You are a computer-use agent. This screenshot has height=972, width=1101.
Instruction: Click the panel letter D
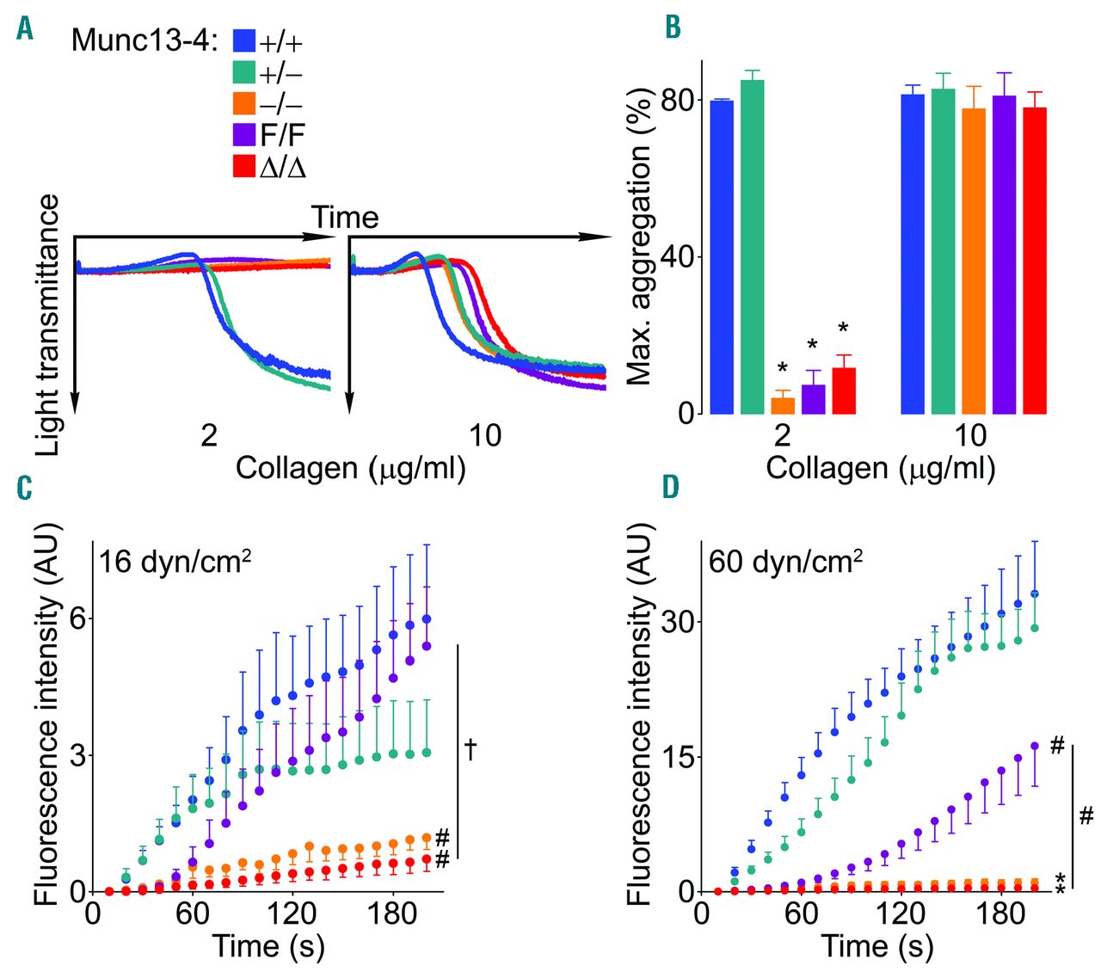pos(671,488)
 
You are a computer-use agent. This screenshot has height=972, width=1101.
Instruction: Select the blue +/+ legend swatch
pos(244,40)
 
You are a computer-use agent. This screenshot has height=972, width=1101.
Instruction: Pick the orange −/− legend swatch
pos(244,103)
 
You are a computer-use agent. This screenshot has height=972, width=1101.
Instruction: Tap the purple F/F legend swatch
pos(244,134)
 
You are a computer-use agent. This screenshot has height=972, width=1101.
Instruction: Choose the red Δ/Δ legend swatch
pos(244,166)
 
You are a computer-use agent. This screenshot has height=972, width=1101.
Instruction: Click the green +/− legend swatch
pos(244,71)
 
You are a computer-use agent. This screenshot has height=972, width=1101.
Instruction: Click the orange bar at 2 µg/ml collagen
pos(783,405)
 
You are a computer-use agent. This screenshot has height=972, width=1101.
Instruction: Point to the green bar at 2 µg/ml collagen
pos(752,246)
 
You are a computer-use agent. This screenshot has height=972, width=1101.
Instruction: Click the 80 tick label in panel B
pos(677,101)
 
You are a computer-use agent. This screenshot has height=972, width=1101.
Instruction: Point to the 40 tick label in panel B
pos(677,257)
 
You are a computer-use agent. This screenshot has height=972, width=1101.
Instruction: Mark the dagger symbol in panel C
pos(471,748)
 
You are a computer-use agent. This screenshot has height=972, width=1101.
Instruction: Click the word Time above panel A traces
pos(344,218)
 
